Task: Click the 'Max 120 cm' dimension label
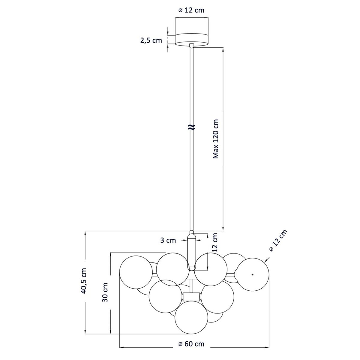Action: point(216,139)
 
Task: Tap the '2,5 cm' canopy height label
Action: point(151,40)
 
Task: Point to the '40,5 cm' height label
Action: point(84,281)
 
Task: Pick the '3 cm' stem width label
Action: point(168,240)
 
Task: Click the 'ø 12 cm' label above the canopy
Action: point(191,10)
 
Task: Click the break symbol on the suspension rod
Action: point(191,127)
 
